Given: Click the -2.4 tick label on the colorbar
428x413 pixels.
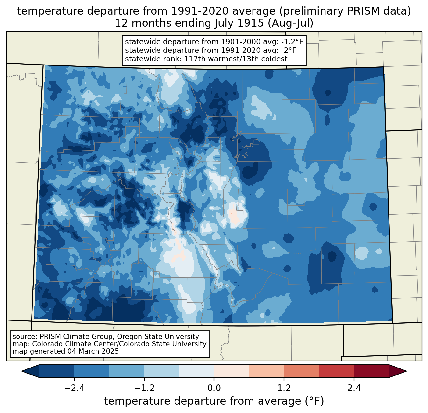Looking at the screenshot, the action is pyautogui.click(x=74, y=388).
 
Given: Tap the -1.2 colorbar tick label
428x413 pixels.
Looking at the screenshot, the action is pyautogui.click(x=144, y=388).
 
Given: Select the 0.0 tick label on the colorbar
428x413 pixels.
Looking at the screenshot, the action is pyautogui.click(x=214, y=388).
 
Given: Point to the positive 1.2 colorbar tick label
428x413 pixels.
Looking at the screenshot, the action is pyautogui.click(x=284, y=388).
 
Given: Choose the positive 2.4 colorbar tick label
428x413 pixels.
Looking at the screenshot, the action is pyautogui.click(x=354, y=388).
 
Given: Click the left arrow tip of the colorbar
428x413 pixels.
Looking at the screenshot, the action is pyautogui.click(x=22, y=371).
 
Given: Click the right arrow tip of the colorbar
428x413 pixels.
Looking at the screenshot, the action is pyautogui.click(x=406, y=371).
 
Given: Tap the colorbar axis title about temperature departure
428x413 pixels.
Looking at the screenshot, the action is pyautogui.click(x=214, y=401).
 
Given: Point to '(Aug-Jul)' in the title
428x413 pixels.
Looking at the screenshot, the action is pyautogui.click(x=290, y=23).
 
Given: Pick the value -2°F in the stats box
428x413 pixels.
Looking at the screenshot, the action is pyautogui.click(x=288, y=50).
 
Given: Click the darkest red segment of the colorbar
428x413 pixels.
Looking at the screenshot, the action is pyautogui.click(x=372, y=371).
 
